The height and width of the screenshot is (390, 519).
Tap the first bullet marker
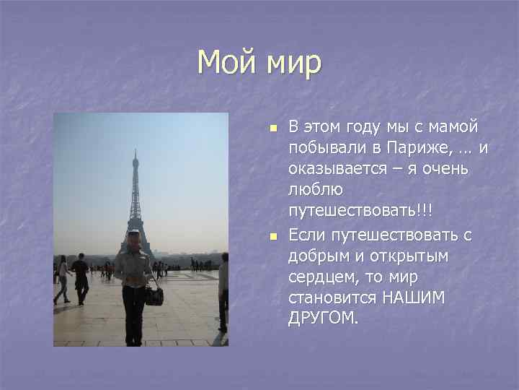click(x=272, y=129)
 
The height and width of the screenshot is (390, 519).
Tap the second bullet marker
click(x=272, y=236)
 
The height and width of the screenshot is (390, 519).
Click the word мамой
click(x=451, y=128)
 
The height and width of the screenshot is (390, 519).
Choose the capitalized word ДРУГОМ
click(x=321, y=319)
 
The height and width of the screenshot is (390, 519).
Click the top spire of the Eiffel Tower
click(x=134, y=153)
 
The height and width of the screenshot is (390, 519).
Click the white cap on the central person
click(x=133, y=233)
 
